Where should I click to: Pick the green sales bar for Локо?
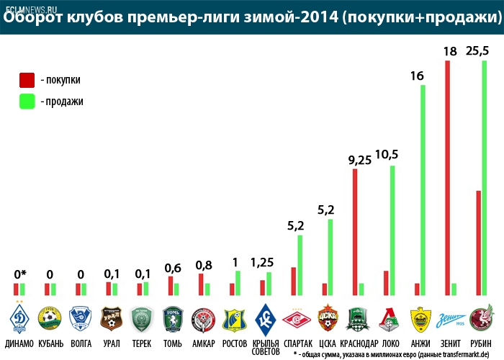(392, 230)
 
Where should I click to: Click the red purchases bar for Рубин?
(478, 243)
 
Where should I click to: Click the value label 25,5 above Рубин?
(480, 51)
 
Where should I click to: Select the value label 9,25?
(359, 160)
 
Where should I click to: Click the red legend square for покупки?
(27, 79)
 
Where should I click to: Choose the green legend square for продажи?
(27, 101)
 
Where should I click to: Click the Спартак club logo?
(295, 318)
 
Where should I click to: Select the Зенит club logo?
(451, 318)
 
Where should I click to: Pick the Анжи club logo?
(420, 318)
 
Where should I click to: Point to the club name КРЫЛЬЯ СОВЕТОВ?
(266, 346)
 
